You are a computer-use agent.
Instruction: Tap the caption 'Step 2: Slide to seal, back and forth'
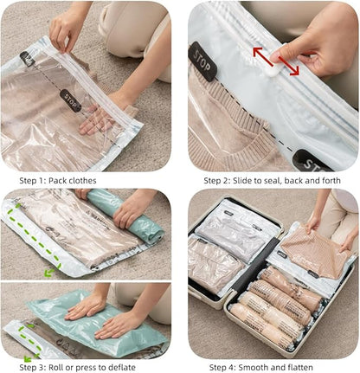(x=270, y=180)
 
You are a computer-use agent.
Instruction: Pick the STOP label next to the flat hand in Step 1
(x=72, y=100)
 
